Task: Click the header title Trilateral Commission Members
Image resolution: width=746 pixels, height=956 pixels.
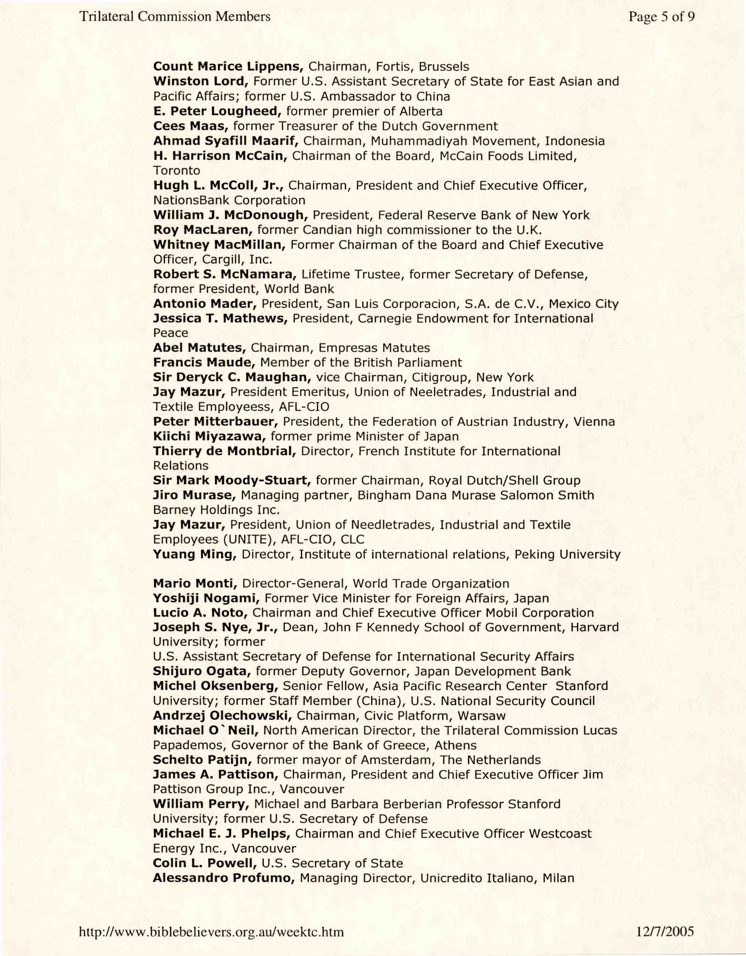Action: pos(175,17)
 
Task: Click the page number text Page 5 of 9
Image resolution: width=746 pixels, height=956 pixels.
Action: pos(662,17)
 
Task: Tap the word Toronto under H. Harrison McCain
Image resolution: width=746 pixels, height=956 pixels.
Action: pos(177,171)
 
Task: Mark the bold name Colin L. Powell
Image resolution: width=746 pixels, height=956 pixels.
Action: pos(204,863)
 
